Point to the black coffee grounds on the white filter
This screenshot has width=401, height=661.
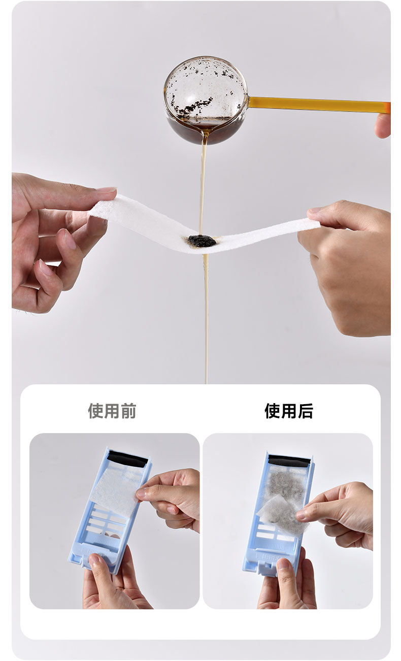[x=202, y=241]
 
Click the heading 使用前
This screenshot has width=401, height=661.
[x=112, y=411]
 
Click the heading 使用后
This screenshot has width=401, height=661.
[x=289, y=411]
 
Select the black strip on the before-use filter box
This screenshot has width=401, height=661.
[x=127, y=458]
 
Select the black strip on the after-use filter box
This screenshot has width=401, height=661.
[x=289, y=460]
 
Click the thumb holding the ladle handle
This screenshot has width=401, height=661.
[x=383, y=125]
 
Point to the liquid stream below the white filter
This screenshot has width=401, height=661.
[x=206, y=319]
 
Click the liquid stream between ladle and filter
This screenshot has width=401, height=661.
[x=203, y=189]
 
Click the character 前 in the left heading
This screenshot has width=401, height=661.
[x=128, y=411]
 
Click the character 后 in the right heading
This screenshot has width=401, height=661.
[x=306, y=411]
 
